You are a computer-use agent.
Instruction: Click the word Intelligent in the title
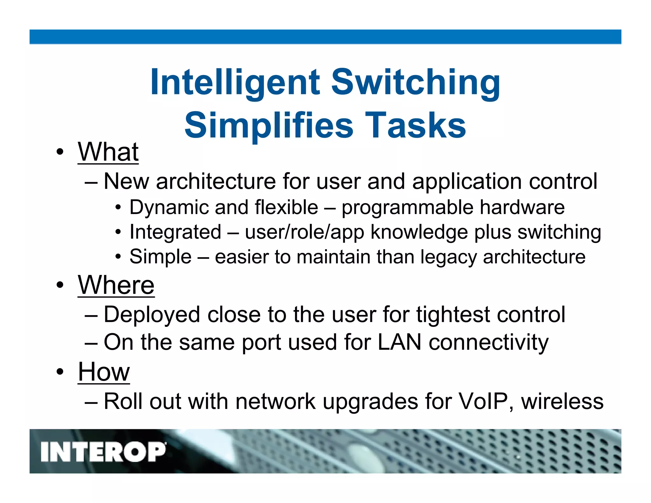(235, 83)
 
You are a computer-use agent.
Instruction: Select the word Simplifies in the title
(269, 126)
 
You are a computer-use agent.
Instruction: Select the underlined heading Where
(116, 285)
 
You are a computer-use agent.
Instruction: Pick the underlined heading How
(104, 372)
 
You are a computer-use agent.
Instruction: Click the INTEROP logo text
(103, 452)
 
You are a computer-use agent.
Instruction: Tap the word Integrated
(175, 232)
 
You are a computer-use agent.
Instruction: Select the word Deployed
(152, 315)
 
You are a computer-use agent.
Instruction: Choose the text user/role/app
(304, 232)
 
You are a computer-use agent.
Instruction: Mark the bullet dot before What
(60, 152)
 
